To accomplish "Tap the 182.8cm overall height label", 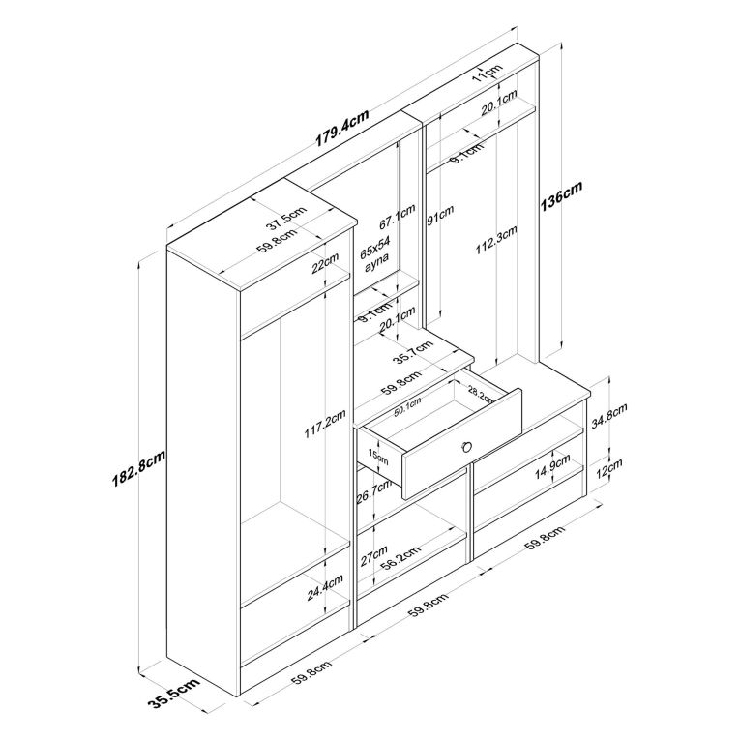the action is click(x=138, y=468).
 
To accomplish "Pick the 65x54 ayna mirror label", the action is click(x=376, y=254).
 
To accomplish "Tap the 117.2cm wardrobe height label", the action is click(x=325, y=424).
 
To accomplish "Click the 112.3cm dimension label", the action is click(x=496, y=240).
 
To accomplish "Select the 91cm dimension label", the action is click(x=440, y=215).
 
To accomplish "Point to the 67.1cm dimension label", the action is click(x=398, y=216).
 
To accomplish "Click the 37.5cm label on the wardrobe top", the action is click(x=286, y=219).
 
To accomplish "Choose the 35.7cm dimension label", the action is click(x=413, y=351).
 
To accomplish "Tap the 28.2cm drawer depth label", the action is click(x=482, y=394).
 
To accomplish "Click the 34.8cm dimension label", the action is click(x=608, y=415).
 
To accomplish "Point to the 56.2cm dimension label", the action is click(x=400, y=559).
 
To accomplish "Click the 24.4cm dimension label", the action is click(x=325, y=587).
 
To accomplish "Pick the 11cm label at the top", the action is click(x=488, y=73).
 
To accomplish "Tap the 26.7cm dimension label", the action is click(x=374, y=492).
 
